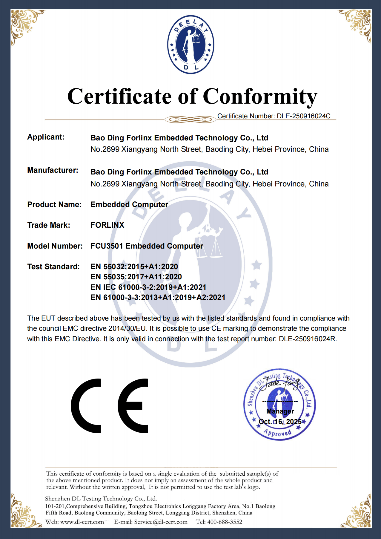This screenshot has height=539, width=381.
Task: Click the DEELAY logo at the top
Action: (190, 45)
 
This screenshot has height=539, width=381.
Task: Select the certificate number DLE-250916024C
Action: (303, 116)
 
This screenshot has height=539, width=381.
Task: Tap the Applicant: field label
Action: (46, 137)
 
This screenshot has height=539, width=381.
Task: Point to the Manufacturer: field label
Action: (53, 170)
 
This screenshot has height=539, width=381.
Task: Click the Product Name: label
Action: (54, 205)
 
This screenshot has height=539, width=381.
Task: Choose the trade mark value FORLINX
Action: (107, 225)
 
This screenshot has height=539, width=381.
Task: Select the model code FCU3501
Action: (107, 246)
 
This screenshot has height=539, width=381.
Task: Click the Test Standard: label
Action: (53, 267)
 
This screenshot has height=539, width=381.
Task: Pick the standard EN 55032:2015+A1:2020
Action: (134, 267)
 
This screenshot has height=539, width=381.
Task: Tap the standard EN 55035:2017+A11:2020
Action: (136, 277)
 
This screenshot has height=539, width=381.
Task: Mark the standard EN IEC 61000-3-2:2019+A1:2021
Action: (148, 287)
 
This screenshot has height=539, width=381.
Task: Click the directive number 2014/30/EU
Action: (127, 329)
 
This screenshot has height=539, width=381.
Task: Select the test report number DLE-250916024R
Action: (307, 339)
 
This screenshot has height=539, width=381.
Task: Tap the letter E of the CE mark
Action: (133, 406)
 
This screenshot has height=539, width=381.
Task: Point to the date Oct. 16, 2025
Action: (280, 422)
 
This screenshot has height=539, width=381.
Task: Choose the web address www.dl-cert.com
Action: (82, 522)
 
